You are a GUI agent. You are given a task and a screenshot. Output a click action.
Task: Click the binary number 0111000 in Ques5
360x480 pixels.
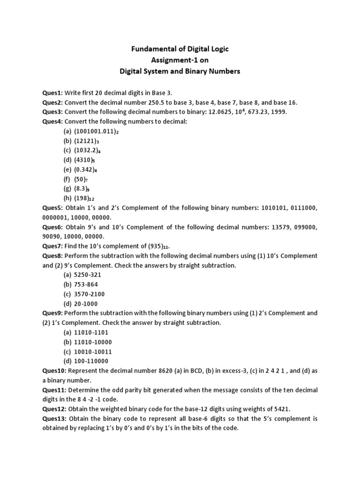[x=306, y=208]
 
